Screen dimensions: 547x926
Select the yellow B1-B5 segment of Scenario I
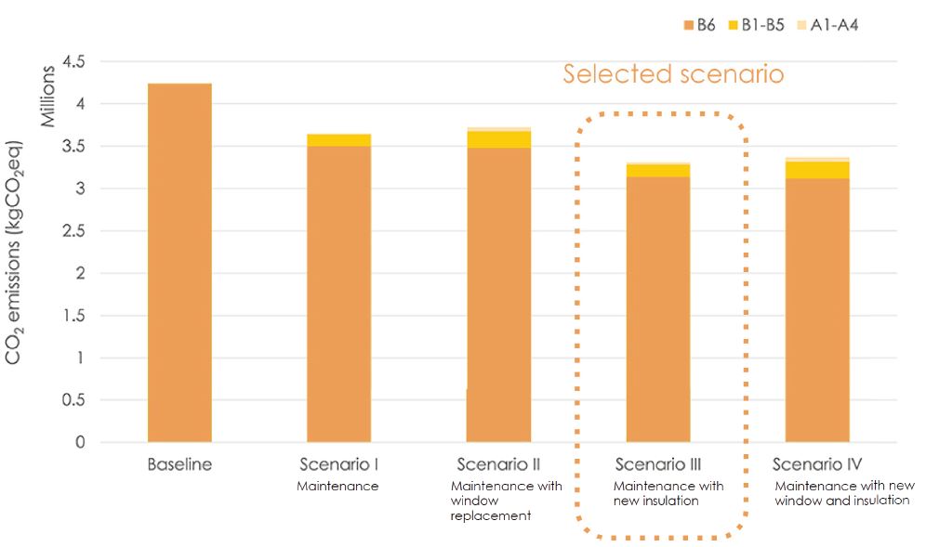(x=338, y=140)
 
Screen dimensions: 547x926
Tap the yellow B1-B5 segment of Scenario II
(x=498, y=139)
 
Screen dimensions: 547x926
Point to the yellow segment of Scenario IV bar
(x=817, y=170)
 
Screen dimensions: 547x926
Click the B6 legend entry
(x=697, y=25)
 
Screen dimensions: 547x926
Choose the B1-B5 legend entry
(x=761, y=25)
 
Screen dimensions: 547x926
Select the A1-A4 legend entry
(x=828, y=25)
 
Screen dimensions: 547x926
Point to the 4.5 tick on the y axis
(x=73, y=62)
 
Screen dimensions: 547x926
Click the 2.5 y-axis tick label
(x=73, y=231)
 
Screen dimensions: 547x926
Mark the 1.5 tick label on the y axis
(x=73, y=316)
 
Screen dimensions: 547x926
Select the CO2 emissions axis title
(x=16, y=253)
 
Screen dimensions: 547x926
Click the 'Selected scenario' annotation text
(x=673, y=74)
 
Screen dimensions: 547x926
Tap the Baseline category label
(x=179, y=464)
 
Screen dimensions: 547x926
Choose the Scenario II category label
(x=498, y=464)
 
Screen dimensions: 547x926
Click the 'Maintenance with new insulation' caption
(x=668, y=493)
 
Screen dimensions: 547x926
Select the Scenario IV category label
(x=817, y=464)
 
